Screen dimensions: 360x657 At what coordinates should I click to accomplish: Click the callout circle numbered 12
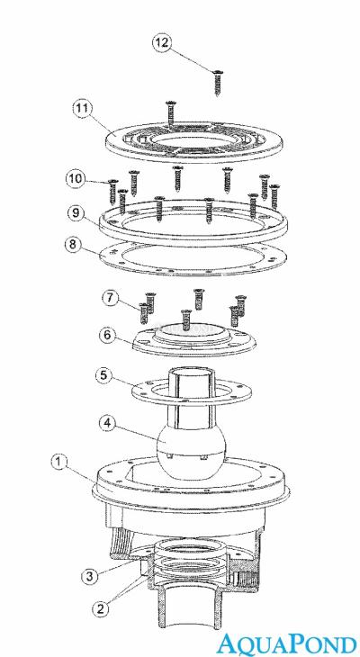[162, 43]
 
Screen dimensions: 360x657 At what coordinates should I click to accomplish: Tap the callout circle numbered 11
[82, 109]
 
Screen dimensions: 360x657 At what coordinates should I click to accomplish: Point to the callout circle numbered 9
[76, 213]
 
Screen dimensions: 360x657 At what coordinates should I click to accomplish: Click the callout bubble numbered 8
[73, 244]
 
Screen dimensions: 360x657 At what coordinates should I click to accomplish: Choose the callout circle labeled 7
[111, 299]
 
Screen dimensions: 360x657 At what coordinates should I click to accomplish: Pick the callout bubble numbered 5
[104, 375]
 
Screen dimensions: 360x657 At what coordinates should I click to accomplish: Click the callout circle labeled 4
[108, 424]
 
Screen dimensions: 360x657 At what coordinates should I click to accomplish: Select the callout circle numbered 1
[59, 463]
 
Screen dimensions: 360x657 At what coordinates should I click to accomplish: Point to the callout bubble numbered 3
[90, 576]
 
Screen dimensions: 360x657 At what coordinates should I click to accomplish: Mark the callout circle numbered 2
[100, 609]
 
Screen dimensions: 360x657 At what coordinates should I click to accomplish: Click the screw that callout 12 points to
[219, 83]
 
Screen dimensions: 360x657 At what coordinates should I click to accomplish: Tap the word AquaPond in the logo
[287, 643]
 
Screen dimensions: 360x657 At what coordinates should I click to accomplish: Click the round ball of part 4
[191, 457]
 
